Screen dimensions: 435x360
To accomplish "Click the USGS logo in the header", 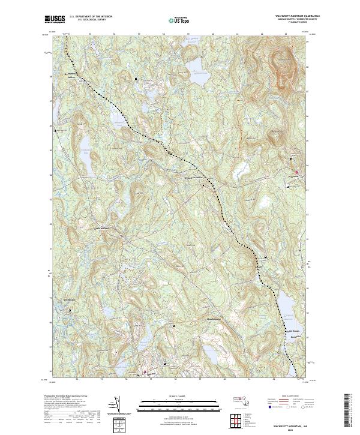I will [x=55, y=19].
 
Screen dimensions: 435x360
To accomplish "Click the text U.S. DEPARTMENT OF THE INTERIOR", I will [x=91, y=17].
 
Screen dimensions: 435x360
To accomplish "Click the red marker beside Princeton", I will [x=302, y=175].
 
